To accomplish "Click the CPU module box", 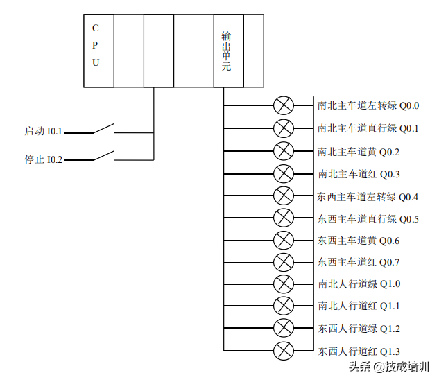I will [96, 51].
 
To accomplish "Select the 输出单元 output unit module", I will [228, 51].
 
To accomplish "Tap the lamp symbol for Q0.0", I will [283, 106].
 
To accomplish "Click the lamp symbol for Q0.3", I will [283, 173].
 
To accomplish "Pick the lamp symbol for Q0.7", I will [283, 262].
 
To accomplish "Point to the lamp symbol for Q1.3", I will [283, 351].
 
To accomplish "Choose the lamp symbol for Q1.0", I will [283, 284].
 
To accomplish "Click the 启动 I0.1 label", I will [44, 131].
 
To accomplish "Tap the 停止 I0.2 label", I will [44, 159].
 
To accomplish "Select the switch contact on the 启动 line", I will [103, 129].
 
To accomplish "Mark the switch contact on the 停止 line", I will [103, 157].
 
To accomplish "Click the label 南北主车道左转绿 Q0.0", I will [368, 106].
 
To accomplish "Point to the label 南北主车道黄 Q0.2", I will [359, 151].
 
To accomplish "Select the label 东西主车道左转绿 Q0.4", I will [368, 197].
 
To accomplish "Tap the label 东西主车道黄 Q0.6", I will [359, 241].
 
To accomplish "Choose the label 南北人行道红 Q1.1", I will [359, 306].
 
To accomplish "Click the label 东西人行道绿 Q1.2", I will [359, 329].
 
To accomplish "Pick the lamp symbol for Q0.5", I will [283, 218].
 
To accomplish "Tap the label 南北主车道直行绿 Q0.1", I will [368, 128].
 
